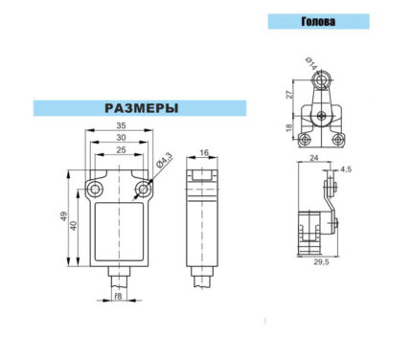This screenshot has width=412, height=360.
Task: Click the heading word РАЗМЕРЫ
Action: pyautogui.click(x=142, y=108)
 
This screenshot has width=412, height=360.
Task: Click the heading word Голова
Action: pyautogui.click(x=318, y=21)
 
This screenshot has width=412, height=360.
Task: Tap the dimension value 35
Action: pyautogui.click(x=121, y=125)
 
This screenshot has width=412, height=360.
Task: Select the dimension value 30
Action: pyautogui.click(x=121, y=138)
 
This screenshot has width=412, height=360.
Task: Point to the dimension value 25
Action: pyautogui.click(x=121, y=149)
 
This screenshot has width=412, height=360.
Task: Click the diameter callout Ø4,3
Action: pyautogui.click(x=164, y=160)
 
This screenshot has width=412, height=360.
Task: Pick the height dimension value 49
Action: pyautogui.click(x=64, y=216)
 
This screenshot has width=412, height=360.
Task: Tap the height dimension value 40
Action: pyautogui.click(x=74, y=226)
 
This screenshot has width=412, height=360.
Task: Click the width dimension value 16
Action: pyautogui.click(x=204, y=153)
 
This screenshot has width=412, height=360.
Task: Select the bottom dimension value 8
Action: pyautogui.click(x=119, y=296)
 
